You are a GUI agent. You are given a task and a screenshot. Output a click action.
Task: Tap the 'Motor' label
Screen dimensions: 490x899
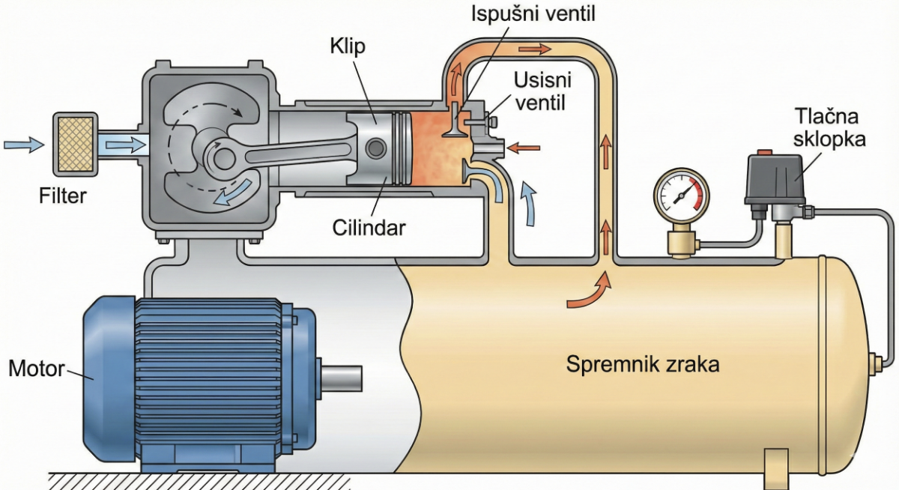click(x=36, y=369)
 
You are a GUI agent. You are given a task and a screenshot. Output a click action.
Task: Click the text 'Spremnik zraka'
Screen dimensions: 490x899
click(x=643, y=366)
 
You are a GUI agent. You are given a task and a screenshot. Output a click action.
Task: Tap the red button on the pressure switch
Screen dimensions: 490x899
click(x=765, y=154)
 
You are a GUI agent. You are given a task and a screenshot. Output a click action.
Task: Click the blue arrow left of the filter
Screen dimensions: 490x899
click(x=23, y=143)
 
